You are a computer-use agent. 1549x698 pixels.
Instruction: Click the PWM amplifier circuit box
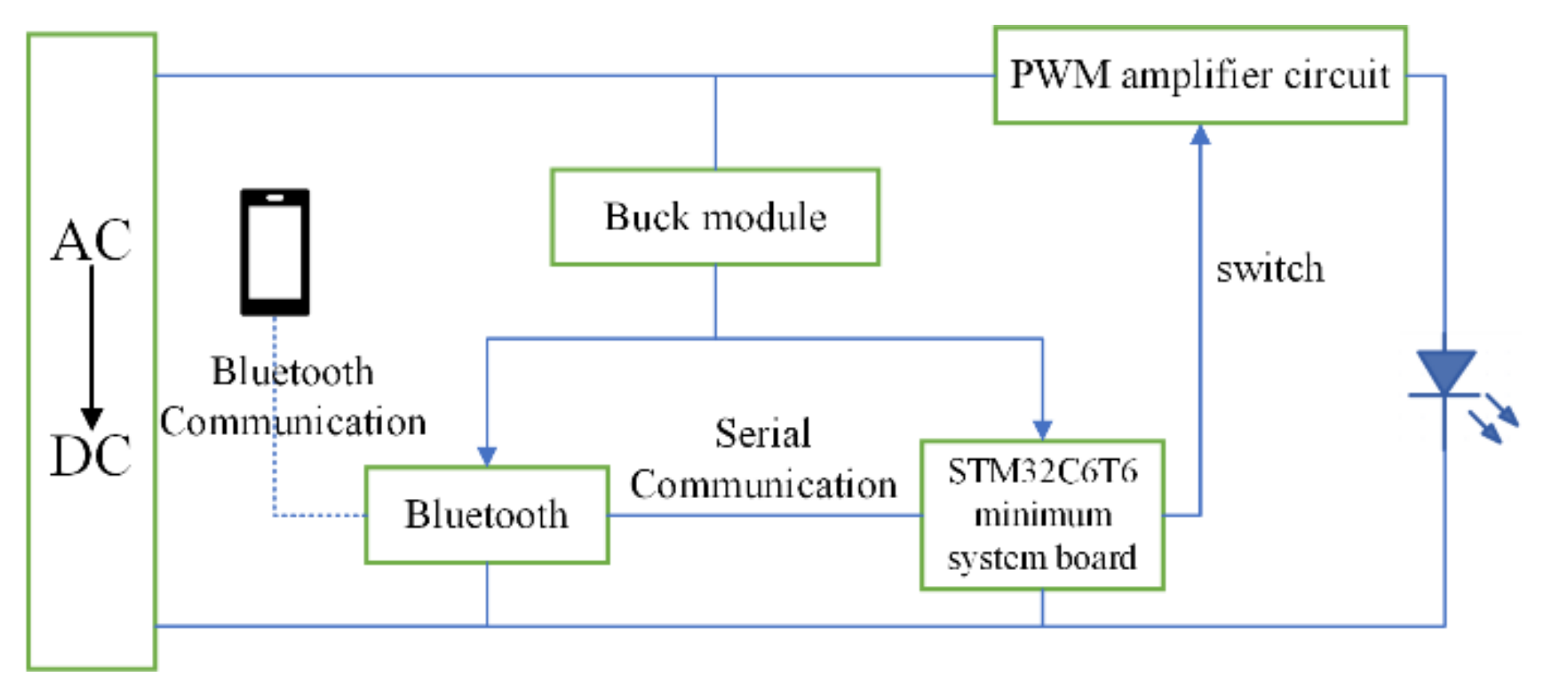[1199, 75]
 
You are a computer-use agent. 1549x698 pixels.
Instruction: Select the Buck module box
[715, 217]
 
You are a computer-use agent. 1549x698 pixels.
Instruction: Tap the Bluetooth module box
[486, 515]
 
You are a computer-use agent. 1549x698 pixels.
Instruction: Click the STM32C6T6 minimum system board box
[1041, 515]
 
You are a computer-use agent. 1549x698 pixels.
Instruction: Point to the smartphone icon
[275, 253]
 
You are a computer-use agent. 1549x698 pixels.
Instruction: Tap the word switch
[1269, 269]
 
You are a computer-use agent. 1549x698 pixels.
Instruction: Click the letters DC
[91, 456]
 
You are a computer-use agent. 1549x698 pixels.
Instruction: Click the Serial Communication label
[763, 459]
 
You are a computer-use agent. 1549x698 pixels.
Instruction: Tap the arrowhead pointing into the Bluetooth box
[487, 456]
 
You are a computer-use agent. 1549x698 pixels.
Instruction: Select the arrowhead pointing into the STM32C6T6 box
[1041, 429]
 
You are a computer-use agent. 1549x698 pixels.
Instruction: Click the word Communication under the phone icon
[293, 422]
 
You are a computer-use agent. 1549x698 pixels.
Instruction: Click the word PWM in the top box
[1060, 75]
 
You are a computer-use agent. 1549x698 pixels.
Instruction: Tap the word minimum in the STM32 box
[1042, 515]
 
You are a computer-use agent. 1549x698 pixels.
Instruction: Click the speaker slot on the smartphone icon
[275, 197]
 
